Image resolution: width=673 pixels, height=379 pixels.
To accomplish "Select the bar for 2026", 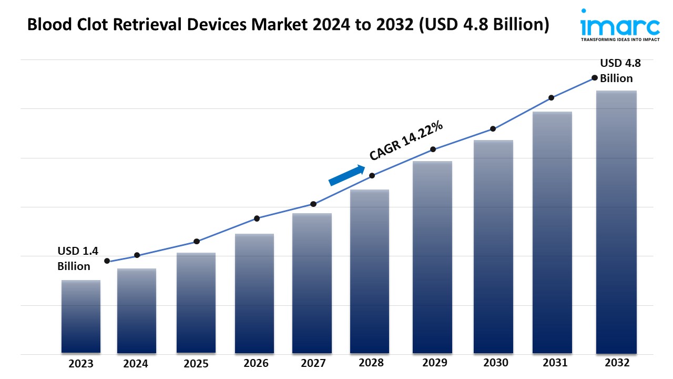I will click(254, 293).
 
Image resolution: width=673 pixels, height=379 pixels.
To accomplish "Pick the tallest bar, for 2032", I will click(617, 222).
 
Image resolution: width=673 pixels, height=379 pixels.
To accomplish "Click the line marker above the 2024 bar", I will click(137, 255).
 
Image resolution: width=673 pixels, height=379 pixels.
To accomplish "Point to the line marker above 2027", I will click(313, 204).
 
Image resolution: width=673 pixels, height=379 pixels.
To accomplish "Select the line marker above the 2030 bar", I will click(493, 128).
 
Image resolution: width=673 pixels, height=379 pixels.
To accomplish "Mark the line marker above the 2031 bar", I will click(552, 97).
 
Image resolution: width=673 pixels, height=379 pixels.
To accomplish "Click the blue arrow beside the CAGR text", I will click(347, 175).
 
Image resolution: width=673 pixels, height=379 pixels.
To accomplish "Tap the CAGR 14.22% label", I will click(406, 141).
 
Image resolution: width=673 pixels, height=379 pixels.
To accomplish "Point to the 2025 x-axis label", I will click(196, 363).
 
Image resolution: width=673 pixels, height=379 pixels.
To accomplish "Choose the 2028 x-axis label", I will click(371, 363).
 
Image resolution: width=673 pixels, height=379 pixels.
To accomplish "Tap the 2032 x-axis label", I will click(616, 363).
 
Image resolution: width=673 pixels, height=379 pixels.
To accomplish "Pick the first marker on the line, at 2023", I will click(107, 261).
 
